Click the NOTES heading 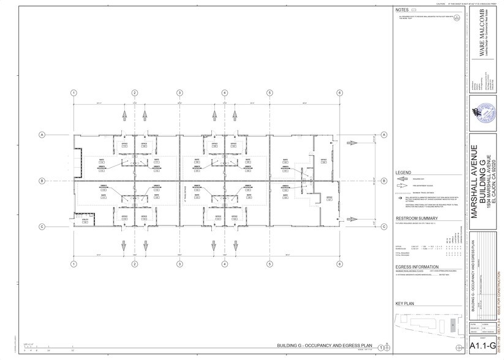coord(402,10)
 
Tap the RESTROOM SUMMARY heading coord(416,218)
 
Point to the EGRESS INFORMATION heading coord(416,267)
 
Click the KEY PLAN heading coord(405,303)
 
